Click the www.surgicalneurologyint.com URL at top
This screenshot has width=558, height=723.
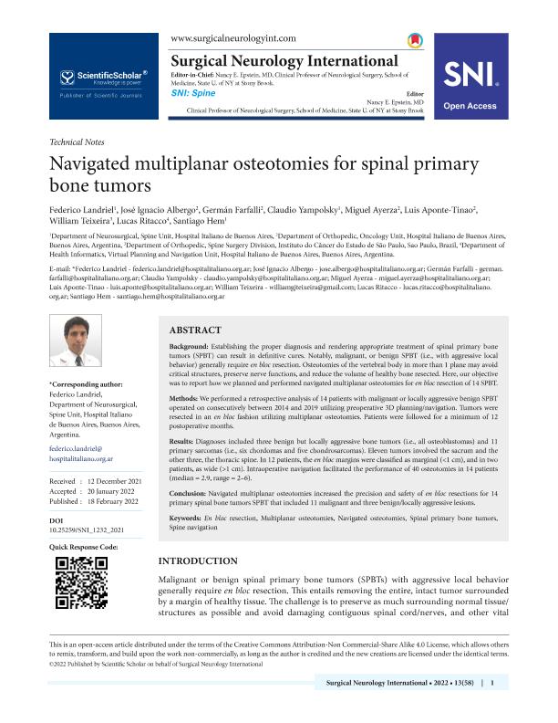tap(232, 37)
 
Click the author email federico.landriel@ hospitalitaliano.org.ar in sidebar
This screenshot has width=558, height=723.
tap(83, 456)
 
